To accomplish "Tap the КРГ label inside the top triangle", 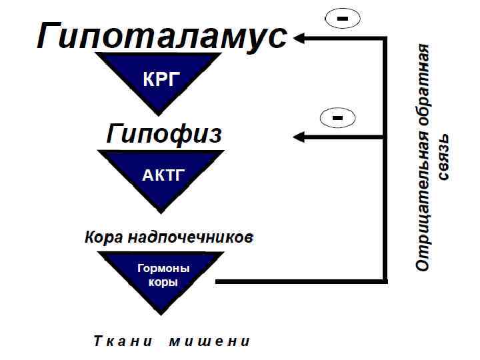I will [x=161, y=80].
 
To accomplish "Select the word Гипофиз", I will [x=164, y=134].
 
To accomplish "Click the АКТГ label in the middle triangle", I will [x=163, y=176].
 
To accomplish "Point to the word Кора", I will [x=103, y=237].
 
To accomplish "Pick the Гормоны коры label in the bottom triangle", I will [x=163, y=275].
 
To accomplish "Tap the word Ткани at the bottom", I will [x=117, y=342].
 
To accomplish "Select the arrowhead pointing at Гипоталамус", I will [x=300, y=39].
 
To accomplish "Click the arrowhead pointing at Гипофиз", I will [x=300, y=137].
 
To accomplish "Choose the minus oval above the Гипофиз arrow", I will [x=338, y=118].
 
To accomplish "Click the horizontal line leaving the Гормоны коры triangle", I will [x=300, y=282].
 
